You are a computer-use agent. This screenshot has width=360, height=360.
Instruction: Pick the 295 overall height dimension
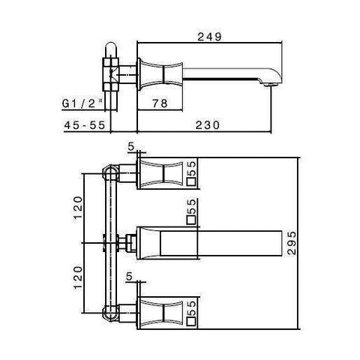(289, 244)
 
